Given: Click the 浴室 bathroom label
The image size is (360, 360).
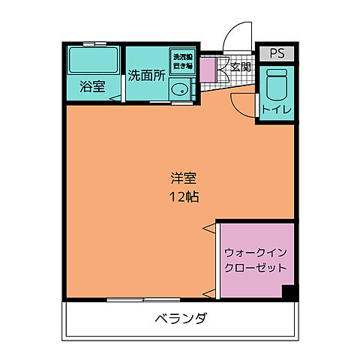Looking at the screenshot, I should [x=93, y=86].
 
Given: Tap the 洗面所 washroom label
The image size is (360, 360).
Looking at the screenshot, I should [x=145, y=75].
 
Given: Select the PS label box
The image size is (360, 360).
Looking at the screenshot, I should [x=276, y=53].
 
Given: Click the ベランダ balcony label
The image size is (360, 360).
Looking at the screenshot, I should [x=181, y=318].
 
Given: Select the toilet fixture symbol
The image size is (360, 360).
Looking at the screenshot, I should [x=276, y=85].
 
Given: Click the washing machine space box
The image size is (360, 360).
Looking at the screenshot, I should [x=183, y=61].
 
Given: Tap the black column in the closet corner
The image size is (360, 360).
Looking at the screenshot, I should [x=288, y=293].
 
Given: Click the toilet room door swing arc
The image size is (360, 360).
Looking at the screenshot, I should [x=244, y=105].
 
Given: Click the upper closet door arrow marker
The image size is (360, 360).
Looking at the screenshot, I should [x=208, y=227].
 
